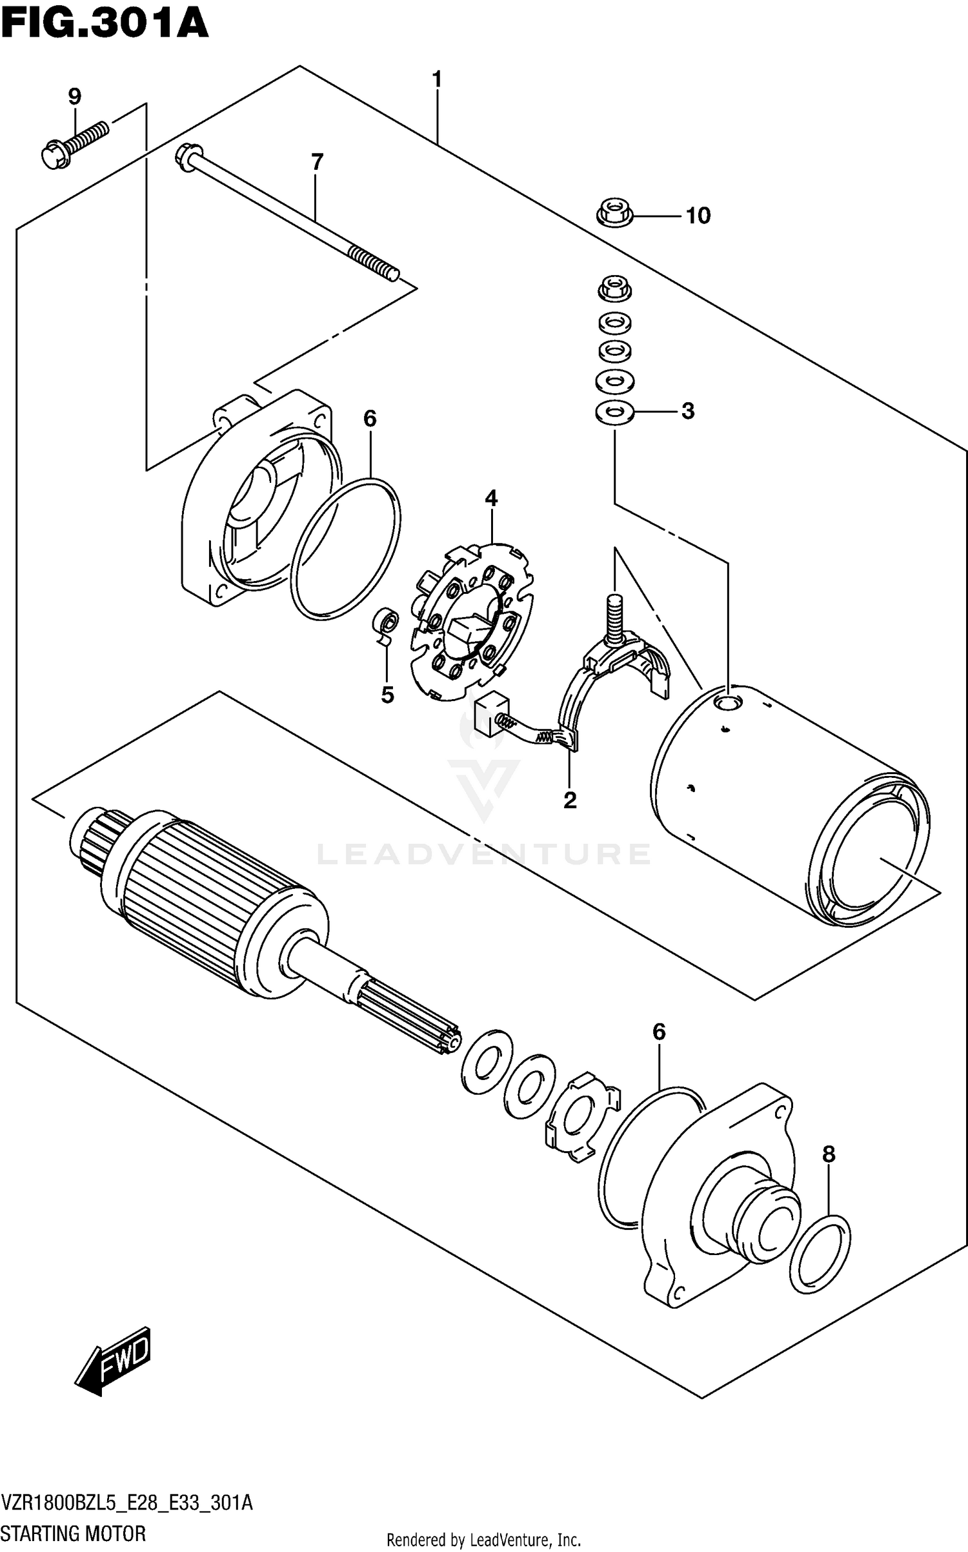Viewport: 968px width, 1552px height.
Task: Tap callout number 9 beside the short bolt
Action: click(75, 97)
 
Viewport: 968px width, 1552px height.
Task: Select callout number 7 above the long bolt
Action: click(316, 162)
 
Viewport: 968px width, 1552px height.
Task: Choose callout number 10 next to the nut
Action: click(698, 215)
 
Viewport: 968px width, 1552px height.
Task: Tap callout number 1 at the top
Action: click(437, 80)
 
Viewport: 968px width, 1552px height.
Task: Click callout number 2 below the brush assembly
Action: click(569, 801)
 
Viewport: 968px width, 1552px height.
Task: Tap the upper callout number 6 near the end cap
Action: click(370, 418)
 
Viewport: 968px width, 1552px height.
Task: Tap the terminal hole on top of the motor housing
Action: click(729, 702)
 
